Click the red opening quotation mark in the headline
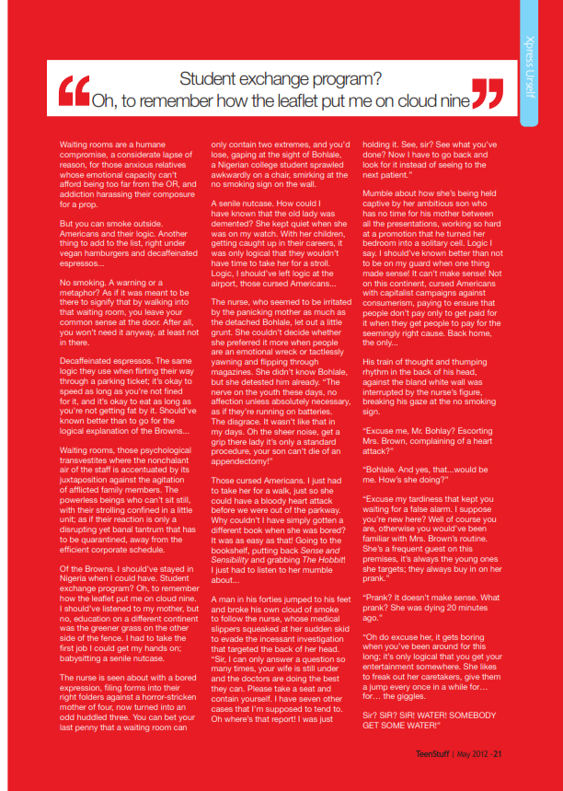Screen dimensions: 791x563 (x=74, y=91)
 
